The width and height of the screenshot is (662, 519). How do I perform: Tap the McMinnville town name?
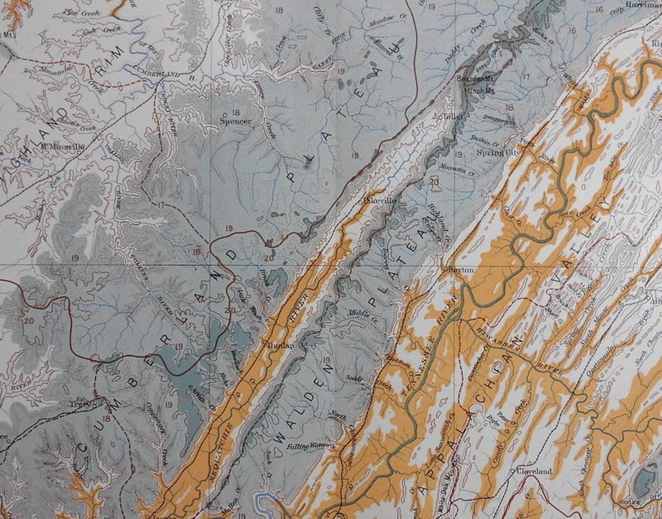coord(63,147)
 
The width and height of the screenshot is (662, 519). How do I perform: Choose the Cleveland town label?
coord(534,471)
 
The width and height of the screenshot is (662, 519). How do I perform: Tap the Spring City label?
coord(499,153)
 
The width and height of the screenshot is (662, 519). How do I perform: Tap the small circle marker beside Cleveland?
coord(513,471)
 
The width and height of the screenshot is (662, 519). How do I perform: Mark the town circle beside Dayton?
coord(445,270)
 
